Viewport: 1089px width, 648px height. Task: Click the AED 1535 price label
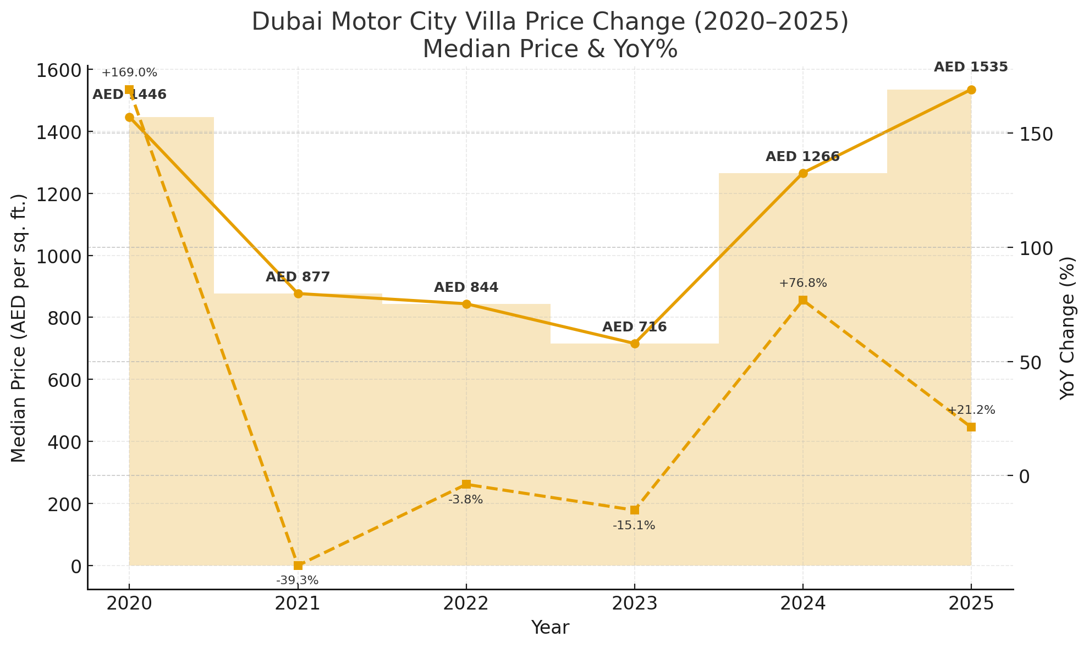tap(971, 67)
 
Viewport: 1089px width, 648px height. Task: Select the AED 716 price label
tap(634, 327)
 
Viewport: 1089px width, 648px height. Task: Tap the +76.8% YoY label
tap(803, 284)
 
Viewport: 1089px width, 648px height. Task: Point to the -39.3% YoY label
tap(298, 580)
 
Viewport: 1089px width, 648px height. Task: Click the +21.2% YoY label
tap(971, 410)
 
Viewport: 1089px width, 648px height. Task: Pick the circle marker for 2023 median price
tap(635, 344)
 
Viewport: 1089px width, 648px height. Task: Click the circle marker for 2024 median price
tap(803, 173)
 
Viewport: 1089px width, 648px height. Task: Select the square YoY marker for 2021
tap(298, 566)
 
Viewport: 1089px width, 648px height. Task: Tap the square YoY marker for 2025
tap(971, 427)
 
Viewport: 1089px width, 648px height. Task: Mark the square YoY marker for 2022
tap(466, 484)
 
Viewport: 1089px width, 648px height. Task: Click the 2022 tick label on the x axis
tap(466, 604)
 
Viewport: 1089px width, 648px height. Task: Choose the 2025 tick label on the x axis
tap(971, 604)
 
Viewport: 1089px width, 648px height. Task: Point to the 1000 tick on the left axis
tap(61, 256)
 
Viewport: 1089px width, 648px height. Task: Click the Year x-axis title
tap(550, 628)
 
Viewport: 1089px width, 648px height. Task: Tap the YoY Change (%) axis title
tap(1067, 328)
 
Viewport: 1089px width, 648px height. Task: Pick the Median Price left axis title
tap(19, 328)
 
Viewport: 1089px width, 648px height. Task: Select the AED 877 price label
tap(298, 277)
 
